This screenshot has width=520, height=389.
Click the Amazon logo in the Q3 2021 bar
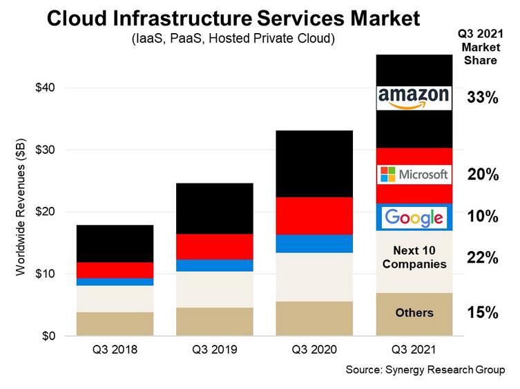click(x=414, y=98)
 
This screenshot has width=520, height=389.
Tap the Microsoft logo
click(x=414, y=174)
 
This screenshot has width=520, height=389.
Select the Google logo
click(x=414, y=218)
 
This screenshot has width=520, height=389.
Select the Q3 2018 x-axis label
click(x=115, y=350)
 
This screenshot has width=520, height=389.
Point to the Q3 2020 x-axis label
click(x=314, y=350)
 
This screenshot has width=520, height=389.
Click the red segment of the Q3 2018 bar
click(x=115, y=270)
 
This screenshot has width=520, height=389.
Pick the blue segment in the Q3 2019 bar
click(x=214, y=266)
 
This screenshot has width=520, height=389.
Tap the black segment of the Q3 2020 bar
click(x=314, y=163)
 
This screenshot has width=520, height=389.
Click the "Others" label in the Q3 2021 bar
click(x=414, y=313)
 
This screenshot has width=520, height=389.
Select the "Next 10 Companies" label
click(x=414, y=257)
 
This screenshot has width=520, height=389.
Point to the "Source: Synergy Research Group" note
click(x=426, y=370)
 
